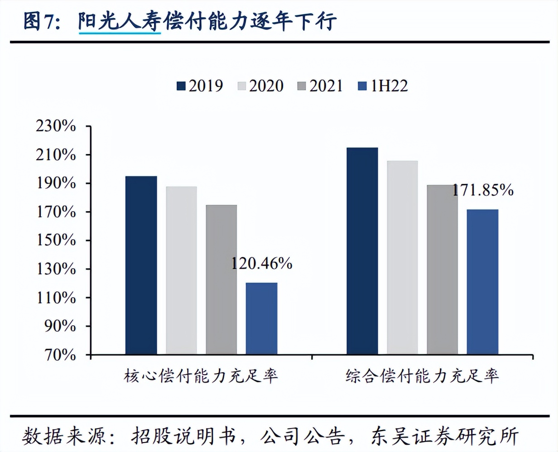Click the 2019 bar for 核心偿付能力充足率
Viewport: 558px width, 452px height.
(x=141, y=265)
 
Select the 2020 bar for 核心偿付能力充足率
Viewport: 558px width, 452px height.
(x=181, y=270)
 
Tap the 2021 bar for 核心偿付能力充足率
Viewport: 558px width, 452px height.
(x=221, y=279)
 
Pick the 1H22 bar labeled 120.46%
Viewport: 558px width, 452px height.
(x=261, y=318)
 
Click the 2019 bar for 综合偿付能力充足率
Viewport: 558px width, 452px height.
(x=362, y=251)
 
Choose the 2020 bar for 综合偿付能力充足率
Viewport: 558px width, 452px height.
(x=402, y=257)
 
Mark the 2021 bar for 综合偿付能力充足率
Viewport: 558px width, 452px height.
(x=442, y=269)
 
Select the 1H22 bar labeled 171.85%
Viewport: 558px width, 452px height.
(x=482, y=282)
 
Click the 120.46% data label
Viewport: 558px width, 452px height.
(x=262, y=263)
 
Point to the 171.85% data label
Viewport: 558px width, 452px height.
(x=483, y=190)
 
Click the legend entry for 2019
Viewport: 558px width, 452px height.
(x=200, y=86)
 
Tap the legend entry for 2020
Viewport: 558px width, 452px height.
(x=260, y=86)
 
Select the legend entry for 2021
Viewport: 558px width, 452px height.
(x=320, y=86)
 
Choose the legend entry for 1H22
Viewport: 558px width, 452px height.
(x=383, y=86)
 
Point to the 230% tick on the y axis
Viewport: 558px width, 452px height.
(x=56, y=126)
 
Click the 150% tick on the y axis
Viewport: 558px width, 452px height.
(x=56, y=240)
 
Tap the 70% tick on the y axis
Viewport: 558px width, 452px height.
(x=60, y=355)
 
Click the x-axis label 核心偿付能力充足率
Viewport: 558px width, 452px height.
(x=201, y=376)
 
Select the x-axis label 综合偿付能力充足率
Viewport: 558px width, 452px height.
(x=422, y=376)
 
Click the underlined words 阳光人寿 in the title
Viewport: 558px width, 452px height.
(x=120, y=22)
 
